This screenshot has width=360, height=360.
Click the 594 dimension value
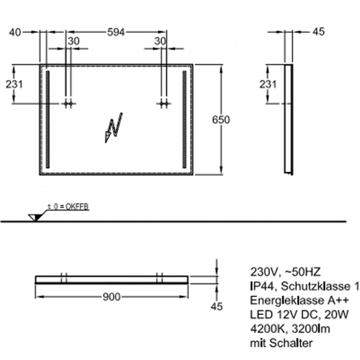pyautogui.click(x=116, y=32)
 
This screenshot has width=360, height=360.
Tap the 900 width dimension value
pyautogui.click(x=112, y=297)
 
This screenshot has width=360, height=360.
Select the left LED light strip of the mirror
pyautogui.click(x=48, y=120)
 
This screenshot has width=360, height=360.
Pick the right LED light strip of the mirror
pyautogui.click(x=184, y=120)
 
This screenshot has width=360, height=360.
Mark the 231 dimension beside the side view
pyautogui.click(x=268, y=85)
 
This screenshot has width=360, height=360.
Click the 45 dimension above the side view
pyautogui.click(x=318, y=32)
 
